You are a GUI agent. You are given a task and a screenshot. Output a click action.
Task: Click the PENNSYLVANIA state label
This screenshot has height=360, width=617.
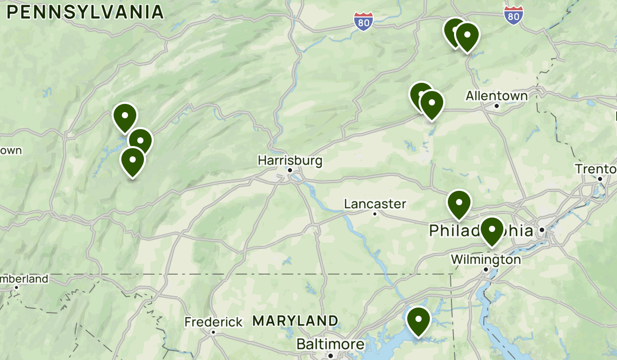[x=85, y=12]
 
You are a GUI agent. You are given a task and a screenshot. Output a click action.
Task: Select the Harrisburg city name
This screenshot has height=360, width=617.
[x=290, y=161]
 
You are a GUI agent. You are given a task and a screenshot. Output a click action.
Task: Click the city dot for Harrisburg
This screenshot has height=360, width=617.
[x=290, y=170]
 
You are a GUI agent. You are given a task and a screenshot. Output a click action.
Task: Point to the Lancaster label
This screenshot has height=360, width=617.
[x=375, y=204]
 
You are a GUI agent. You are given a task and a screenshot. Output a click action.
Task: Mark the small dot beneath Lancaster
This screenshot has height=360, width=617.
[x=375, y=213]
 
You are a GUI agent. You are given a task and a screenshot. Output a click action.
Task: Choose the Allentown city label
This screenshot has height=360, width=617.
[x=497, y=96]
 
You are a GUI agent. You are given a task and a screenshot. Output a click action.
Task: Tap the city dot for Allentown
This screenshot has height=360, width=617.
[x=497, y=106]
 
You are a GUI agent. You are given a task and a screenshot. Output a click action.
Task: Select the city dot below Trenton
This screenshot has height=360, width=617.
[x=600, y=178]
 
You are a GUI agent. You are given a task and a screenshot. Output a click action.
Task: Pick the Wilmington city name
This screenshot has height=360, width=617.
[x=486, y=260]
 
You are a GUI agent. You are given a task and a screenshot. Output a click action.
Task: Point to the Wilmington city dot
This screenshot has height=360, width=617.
[x=486, y=269]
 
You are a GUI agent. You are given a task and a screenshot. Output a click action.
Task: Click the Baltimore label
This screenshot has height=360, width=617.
[x=331, y=344]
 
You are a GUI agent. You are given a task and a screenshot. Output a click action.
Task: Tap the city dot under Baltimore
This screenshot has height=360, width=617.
[x=331, y=355]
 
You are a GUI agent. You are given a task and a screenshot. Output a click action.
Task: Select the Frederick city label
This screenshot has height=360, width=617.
[x=213, y=322]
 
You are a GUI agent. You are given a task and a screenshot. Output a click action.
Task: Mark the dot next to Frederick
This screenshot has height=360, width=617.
[x=213, y=332]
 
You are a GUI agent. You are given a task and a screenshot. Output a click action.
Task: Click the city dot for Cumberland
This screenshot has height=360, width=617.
[x=16, y=287]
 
